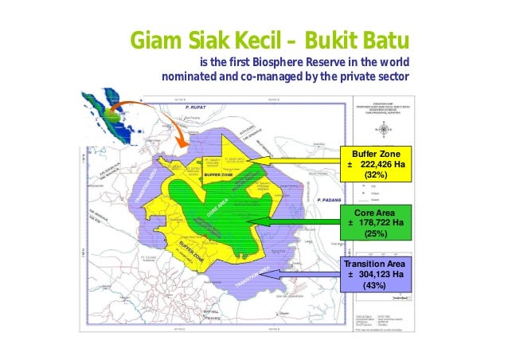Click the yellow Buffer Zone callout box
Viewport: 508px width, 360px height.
(373, 163)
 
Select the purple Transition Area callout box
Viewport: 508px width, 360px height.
(373, 275)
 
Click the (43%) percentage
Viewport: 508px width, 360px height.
(373, 286)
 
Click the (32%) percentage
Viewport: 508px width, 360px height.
(373, 174)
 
